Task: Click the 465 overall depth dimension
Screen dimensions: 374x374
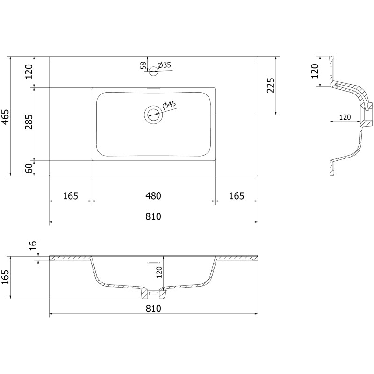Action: coord(5,117)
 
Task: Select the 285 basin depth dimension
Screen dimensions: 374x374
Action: coord(29,122)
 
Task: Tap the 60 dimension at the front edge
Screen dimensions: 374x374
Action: coord(29,168)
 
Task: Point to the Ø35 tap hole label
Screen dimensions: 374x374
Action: coord(165,65)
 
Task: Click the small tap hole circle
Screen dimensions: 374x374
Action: coord(153,71)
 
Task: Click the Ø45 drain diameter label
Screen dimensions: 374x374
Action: coord(169,105)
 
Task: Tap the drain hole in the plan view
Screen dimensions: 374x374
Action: coord(153,115)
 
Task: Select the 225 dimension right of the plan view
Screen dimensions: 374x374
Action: coord(271,86)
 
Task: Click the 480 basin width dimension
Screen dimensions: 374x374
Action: coord(153,196)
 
